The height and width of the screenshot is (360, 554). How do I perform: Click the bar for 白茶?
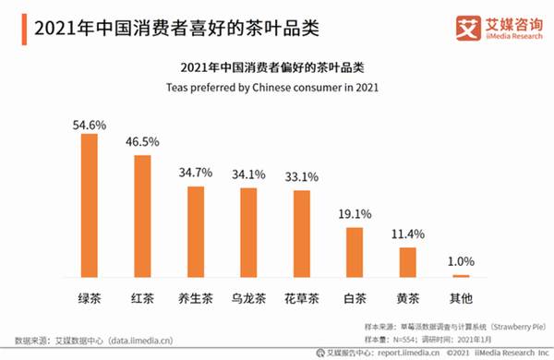pyautogui.click(x=355, y=251)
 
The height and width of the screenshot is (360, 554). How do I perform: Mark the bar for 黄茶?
pyautogui.click(x=407, y=261)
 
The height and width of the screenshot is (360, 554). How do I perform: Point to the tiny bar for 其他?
pyautogui.click(x=461, y=275)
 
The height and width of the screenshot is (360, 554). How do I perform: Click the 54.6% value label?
pyautogui.click(x=90, y=122)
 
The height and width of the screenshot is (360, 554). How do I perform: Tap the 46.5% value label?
pyautogui.click(x=142, y=142)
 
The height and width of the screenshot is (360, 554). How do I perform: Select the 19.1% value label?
pyautogui.click(x=355, y=213)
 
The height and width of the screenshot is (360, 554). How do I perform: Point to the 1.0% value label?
pyautogui.click(x=461, y=262)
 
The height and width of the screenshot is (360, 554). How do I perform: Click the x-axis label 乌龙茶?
pyautogui.click(x=248, y=298)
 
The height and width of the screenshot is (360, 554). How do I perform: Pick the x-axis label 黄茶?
pyautogui.click(x=407, y=298)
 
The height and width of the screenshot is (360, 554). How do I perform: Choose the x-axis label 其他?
pyautogui.click(x=461, y=298)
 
